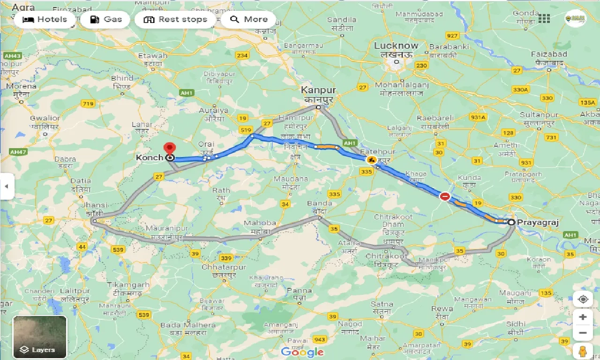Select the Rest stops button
pyautogui.click(x=175, y=20)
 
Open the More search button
pyautogui.click(x=250, y=20)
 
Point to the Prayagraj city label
pyautogui.click(x=539, y=223)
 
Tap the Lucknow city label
pyautogui.click(x=396, y=46)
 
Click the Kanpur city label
pyautogui.click(x=319, y=90)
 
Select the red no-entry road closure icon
pyautogui.click(x=445, y=196)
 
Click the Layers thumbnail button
pyautogui.click(x=40, y=337)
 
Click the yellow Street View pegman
pyautogui.click(x=583, y=351)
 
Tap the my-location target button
pyautogui.click(x=583, y=299)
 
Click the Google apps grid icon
pyautogui.click(x=544, y=19)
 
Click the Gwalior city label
pyautogui.click(x=45, y=118)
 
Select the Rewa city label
pyautogui.click(x=442, y=308)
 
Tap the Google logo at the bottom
pyautogui.click(x=302, y=352)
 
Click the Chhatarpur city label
pyautogui.click(x=217, y=267)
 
